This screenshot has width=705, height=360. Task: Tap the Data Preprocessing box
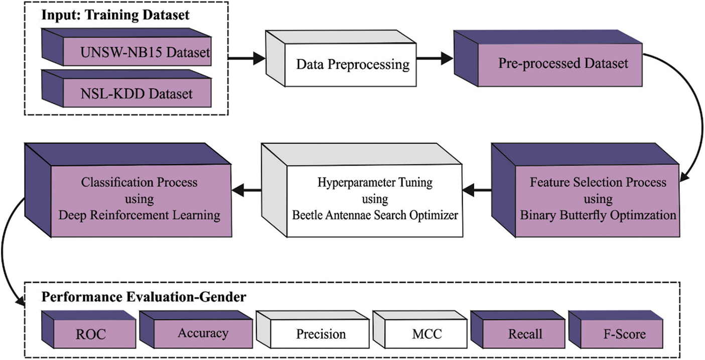click(x=352, y=64)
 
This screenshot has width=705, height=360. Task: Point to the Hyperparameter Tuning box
click(x=374, y=199)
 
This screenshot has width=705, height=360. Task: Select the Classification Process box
click(x=139, y=199)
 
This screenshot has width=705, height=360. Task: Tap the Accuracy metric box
click(x=202, y=333)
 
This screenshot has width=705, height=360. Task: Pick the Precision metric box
click(x=321, y=334)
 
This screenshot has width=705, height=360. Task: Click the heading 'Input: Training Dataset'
click(x=115, y=15)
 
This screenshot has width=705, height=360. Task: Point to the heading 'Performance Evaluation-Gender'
click(x=144, y=297)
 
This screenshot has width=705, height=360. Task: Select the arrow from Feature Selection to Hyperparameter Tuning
click(x=476, y=190)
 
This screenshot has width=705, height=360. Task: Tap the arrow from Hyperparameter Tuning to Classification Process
click(x=246, y=190)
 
